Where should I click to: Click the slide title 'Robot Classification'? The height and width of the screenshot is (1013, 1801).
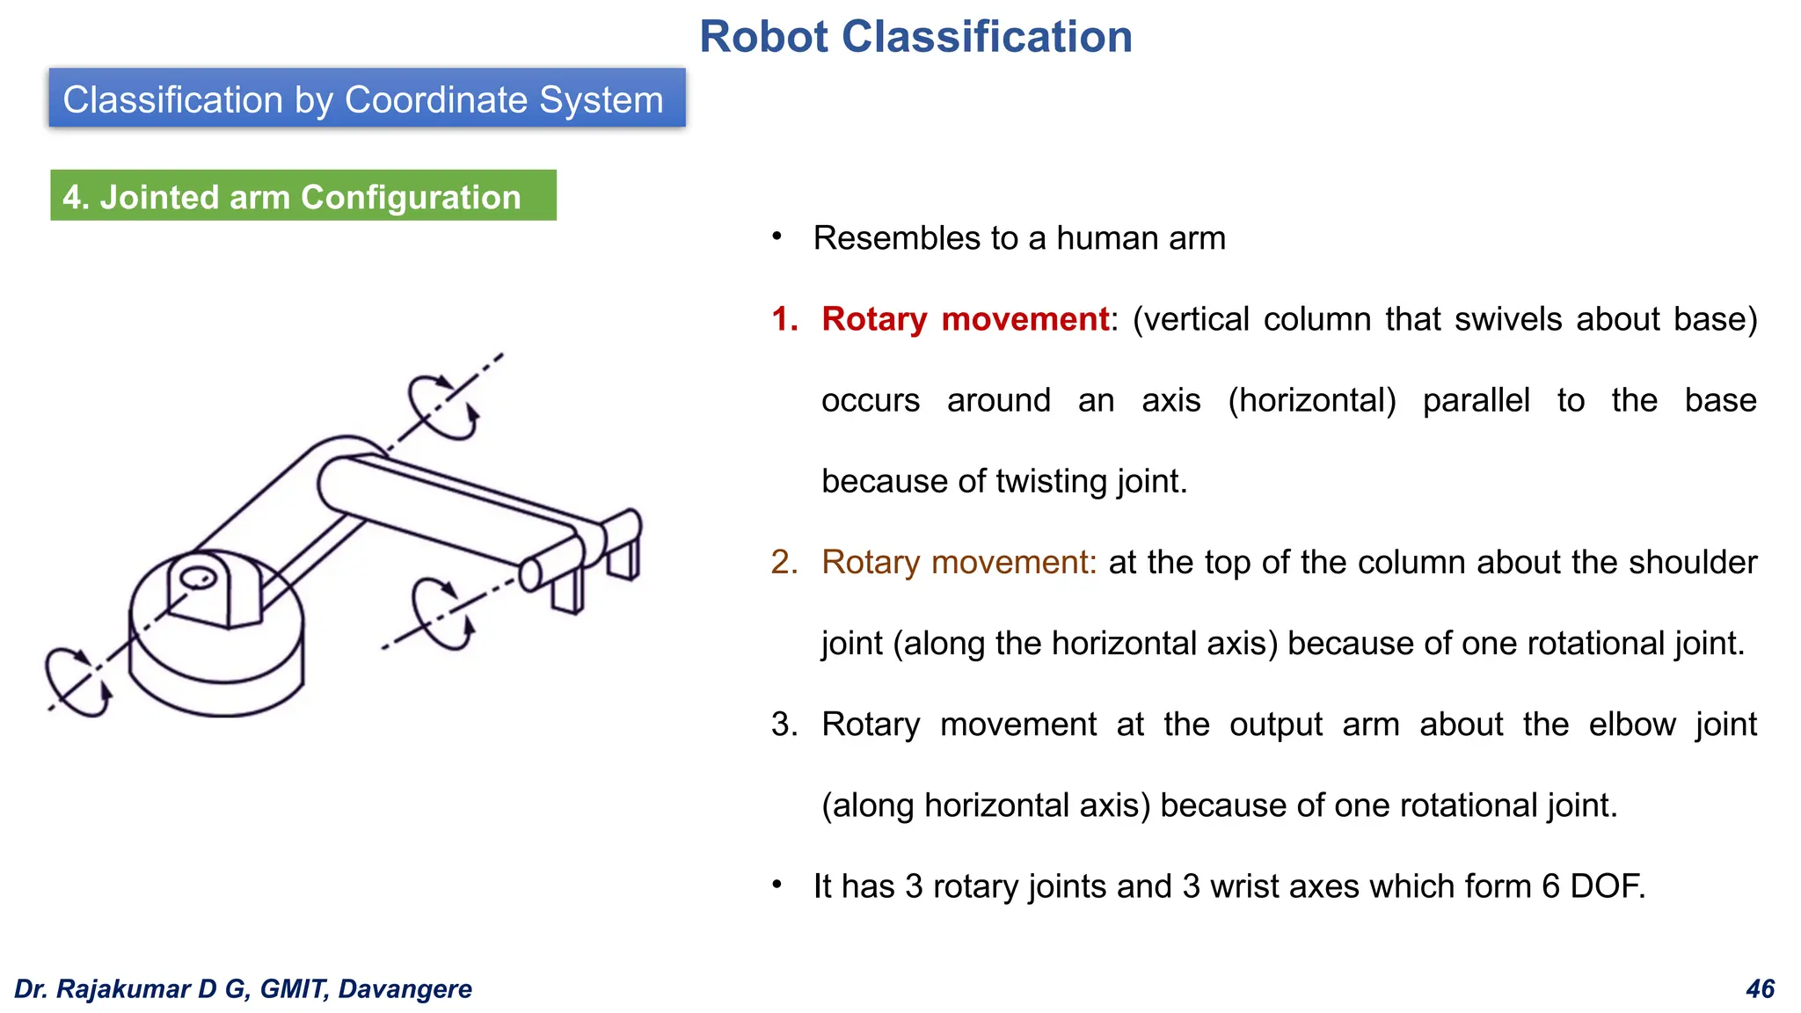coord(915,37)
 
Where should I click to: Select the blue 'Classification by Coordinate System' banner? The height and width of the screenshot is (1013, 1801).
coord(367,98)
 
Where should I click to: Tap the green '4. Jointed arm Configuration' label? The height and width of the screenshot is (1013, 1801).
coord(303,196)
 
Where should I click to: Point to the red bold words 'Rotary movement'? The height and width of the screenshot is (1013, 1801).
coord(965,319)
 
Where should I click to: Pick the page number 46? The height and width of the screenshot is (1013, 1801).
coord(1760,988)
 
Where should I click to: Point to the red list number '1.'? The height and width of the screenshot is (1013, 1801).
coord(784,319)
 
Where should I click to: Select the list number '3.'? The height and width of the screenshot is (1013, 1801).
coord(784,725)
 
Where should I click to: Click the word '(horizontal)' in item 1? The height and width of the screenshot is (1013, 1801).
coord(1311,401)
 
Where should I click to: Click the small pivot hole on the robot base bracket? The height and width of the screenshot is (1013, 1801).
coord(198,579)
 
